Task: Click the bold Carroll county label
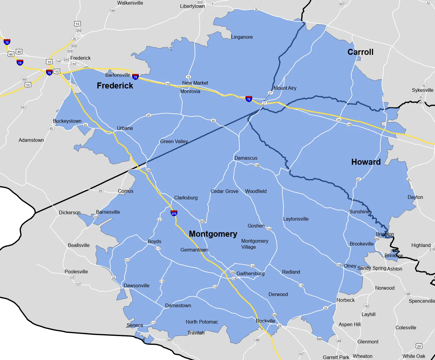pyautogui.click(x=360, y=52)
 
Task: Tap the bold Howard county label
pyautogui.click(x=366, y=162)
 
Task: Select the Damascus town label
pyautogui.click(x=246, y=158)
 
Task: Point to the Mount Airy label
pyautogui.click(x=285, y=88)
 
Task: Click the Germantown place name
pyautogui.click(x=194, y=250)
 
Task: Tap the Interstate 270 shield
pyautogui.click(x=174, y=213)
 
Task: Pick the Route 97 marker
pyautogui.click(x=359, y=179)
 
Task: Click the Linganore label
pyautogui.click(x=242, y=37)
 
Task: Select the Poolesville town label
pyautogui.click(x=76, y=272)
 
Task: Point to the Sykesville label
pyautogui.click(x=423, y=90)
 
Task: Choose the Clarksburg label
pyautogui.click(x=186, y=198)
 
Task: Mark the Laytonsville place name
pyautogui.click(x=296, y=219)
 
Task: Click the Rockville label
pyautogui.click(x=266, y=321)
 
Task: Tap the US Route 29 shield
pyautogui.click(x=419, y=346)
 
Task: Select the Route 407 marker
pyautogui.click(x=342, y=4)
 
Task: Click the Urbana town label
pyautogui.click(x=125, y=128)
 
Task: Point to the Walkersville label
pyautogui.click(x=130, y=3)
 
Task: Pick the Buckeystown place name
pyautogui.click(x=67, y=121)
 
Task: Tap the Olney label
pyautogui.click(x=350, y=266)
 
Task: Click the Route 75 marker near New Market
pyautogui.click(x=189, y=77)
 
